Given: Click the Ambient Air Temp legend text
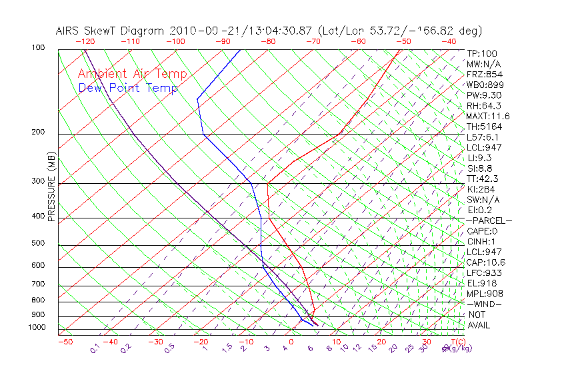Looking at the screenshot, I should pyautogui.click(x=132, y=74).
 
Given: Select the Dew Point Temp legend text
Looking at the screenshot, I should pyautogui.click(x=128, y=88).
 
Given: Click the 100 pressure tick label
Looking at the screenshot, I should pyautogui.click(x=38, y=48).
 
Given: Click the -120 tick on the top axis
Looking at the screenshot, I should pyautogui.click(x=85, y=41).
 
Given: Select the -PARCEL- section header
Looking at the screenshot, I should pyautogui.click(x=489, y=220).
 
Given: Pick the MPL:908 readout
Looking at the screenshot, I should pyautogui.click(x=484, y=294).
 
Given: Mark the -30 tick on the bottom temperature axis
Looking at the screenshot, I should pyautogui.click(x=155, y=342).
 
